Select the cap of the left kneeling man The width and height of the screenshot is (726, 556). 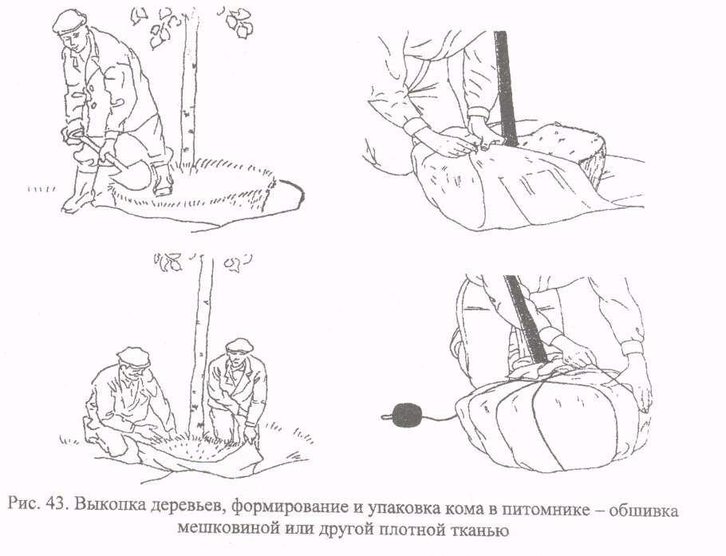[132, 354]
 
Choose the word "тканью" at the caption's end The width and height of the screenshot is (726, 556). [483, 529]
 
